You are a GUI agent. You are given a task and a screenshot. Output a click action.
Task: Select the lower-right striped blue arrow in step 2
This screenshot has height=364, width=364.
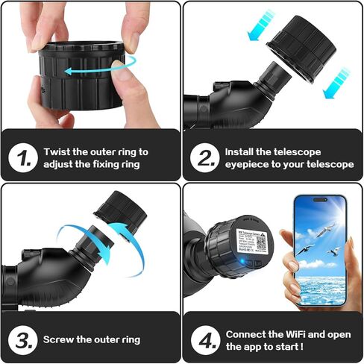[338, 81]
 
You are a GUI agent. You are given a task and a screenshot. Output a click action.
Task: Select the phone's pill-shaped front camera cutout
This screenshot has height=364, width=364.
[320, 203]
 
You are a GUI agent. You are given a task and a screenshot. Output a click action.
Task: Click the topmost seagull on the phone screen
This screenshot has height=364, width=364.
[321, 232]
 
